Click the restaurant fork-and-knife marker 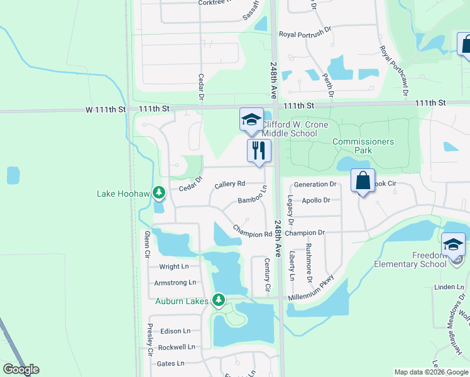(258, 150)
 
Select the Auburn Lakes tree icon (218, 300)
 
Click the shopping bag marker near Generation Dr (363, 181)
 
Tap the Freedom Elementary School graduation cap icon (453, 245)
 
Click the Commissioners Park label (363, 146)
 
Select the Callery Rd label (229, 185)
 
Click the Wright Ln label (174, 267)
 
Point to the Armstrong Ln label (175, 283)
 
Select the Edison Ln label (175, 331)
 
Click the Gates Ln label (170, 363)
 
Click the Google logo (21, 369)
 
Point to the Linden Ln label (448, 287)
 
